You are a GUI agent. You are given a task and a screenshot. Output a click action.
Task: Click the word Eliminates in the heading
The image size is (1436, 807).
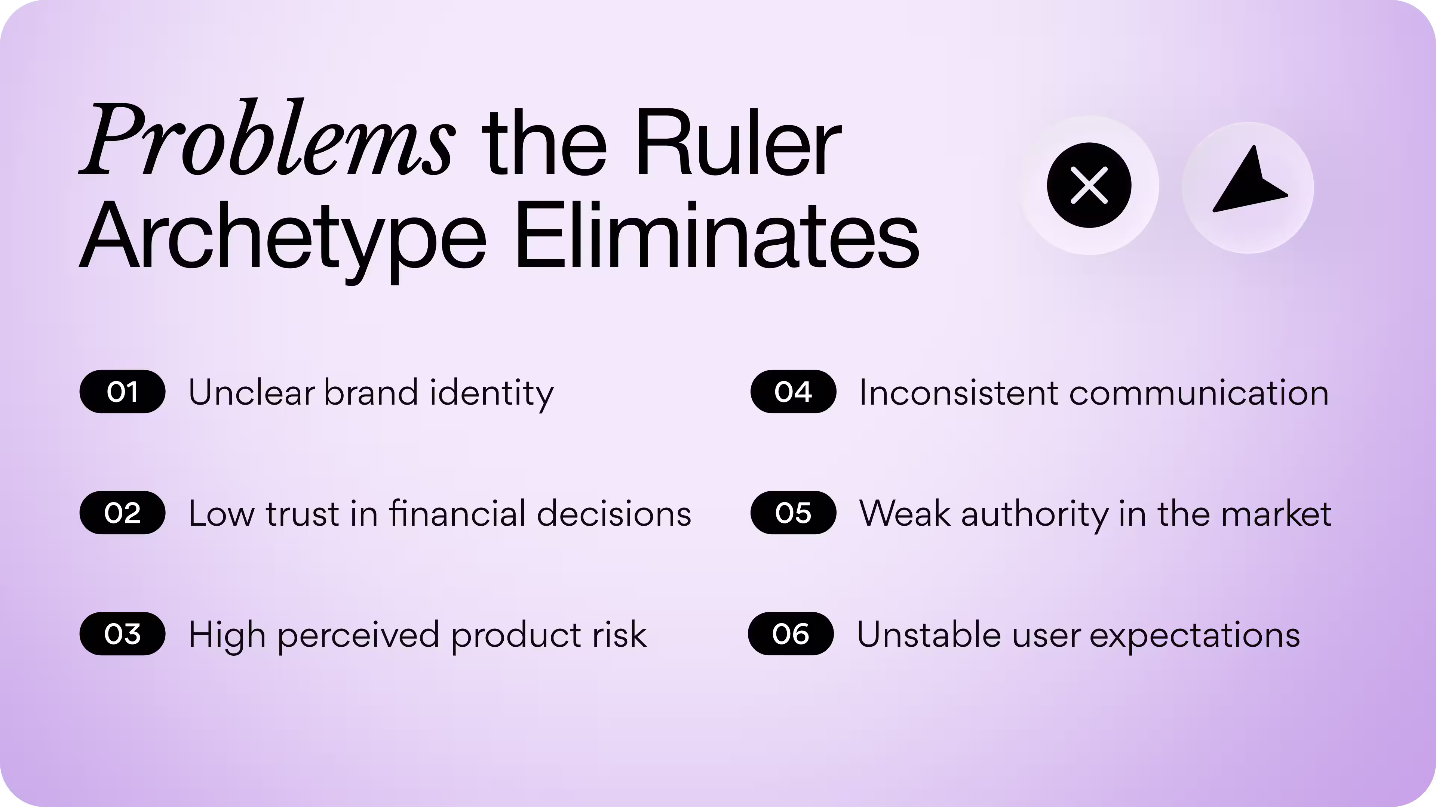(x=717, y=237)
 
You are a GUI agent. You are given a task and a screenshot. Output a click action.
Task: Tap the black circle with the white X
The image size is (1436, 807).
(x=1089, y=185)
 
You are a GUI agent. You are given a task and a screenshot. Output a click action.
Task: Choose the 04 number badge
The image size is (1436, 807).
(x=793, y=392)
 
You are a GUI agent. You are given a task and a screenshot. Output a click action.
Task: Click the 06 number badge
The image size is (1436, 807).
(x=791, y=634)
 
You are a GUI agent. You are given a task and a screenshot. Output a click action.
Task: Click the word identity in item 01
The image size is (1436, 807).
(x=492, y=393)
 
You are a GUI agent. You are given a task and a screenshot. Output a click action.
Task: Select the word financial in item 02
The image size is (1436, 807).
(x=457, y=513)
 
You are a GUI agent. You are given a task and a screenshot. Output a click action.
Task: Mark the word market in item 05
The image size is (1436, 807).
(x=1276, y=513)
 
